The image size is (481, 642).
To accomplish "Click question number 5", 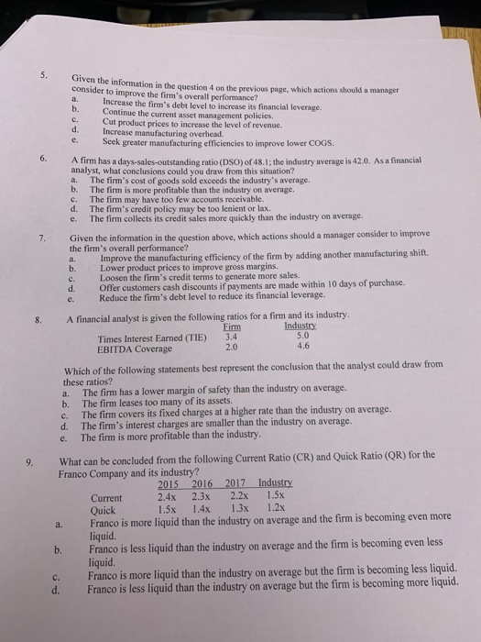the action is click(57, 75).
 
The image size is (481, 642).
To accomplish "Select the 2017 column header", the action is click(239, 484).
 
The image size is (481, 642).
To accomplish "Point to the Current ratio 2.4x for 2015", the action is click(169, 496).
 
